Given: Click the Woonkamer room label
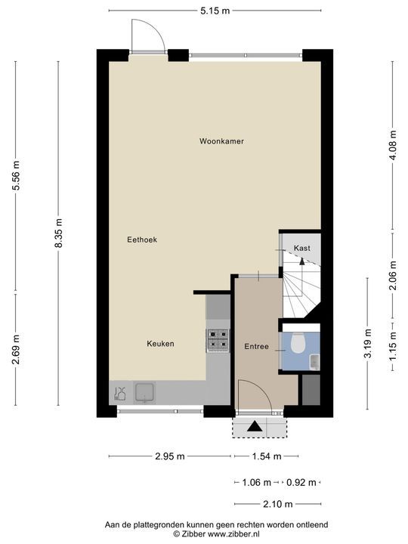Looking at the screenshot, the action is [221, 141].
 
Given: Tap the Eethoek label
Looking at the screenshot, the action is [142, 240].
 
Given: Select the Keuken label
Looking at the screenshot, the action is [160, 344].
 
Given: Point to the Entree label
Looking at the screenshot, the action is [256, 347].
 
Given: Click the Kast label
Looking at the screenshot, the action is [301, 248].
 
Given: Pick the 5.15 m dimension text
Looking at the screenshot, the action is [215, 11].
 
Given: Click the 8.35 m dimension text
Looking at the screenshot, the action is [58, 233].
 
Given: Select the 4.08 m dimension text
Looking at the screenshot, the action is [393, 145].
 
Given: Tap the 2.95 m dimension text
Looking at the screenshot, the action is [170, 456].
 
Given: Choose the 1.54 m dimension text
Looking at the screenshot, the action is [266, 456].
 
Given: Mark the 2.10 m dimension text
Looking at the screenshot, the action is [278, 504].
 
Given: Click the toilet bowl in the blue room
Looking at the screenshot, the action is [298, 343].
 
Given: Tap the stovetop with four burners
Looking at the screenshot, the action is [218, 339].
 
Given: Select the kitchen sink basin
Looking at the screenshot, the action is [144, 392].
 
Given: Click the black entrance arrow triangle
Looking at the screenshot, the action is [255, 426].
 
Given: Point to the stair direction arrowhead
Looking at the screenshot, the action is [301, 261].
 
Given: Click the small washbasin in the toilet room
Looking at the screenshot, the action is [314, 362].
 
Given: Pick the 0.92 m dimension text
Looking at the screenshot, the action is [301, 483].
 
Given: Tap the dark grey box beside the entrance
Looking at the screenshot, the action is [311, 390].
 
